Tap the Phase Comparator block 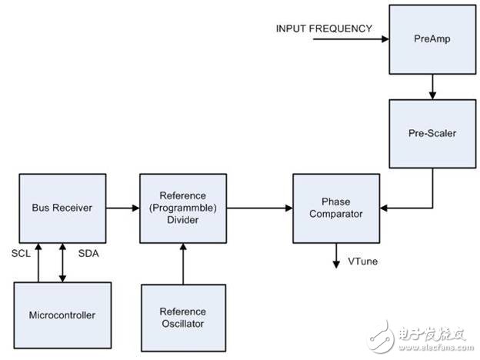[x=335, y=208]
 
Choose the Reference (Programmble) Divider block [x=182, y=208]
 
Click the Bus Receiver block [x=62, y=208]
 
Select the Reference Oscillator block [x=182, y=317]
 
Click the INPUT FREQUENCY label [x=324, y=28]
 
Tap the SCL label [x=22, y=253]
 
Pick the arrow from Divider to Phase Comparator [x=258, y=207]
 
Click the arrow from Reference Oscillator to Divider [x=182, y=262]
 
